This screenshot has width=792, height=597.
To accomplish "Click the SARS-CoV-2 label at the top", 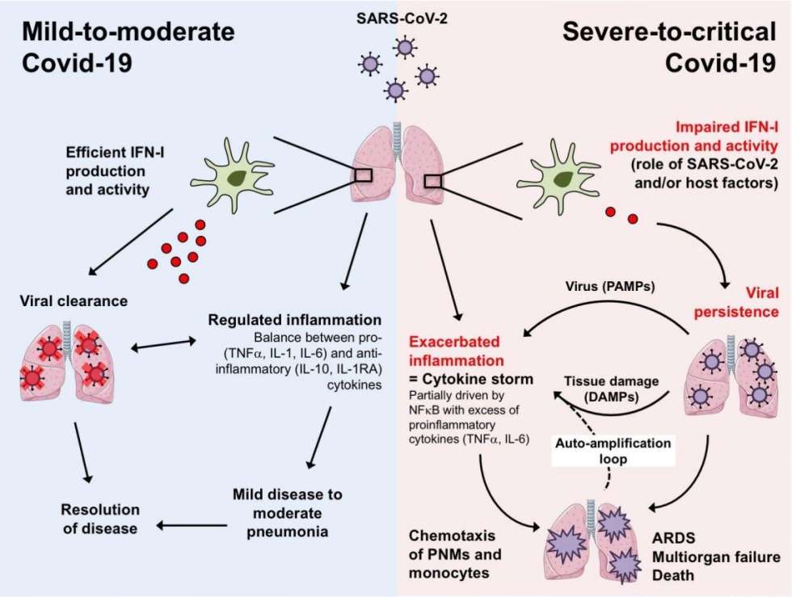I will coord(395,18).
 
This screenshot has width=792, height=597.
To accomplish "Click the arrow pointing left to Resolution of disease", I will coord(184,526).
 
